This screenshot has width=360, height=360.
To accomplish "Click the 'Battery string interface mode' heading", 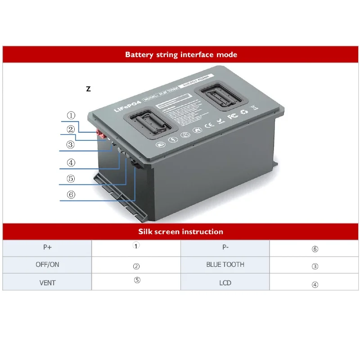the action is coord(181,55).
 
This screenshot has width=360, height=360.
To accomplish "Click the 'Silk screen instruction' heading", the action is coord(181,232).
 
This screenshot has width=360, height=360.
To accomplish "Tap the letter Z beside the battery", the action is coord(88,89).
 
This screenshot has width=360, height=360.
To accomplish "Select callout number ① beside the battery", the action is coord(71,116).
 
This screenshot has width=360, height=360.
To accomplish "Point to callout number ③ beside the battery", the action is coord(70,145).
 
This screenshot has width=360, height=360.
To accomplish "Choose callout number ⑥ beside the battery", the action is coord(71,195).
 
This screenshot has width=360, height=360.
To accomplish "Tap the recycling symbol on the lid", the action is coord(244,111).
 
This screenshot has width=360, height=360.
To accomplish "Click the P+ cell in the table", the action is coord(47,248).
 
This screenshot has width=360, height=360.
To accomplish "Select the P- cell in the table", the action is coord(225,248).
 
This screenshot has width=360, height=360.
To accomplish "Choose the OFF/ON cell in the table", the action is coord(47,265).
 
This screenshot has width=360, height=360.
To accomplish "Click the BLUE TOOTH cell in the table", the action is coord(225,265).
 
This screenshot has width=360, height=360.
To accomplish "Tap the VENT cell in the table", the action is coord(47,282).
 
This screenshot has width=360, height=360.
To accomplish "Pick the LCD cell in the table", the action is coord(225,282).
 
